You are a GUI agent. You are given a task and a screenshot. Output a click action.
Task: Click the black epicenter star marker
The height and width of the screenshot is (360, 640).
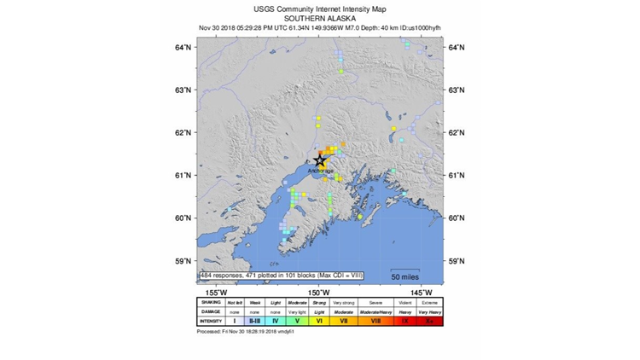pos(320,160)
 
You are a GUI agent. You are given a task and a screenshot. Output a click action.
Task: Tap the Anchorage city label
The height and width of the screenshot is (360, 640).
pos(321,171)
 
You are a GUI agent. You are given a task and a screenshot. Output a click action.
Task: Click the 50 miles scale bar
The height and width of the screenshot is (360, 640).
pos(405,276)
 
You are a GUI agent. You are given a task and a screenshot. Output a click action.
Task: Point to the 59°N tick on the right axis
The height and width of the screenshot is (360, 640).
pos(457,261)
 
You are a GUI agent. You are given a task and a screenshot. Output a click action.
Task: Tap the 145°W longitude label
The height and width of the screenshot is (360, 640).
pos(411,292)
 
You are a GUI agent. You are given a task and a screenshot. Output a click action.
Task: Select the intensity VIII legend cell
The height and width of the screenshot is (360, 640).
pos(375,321)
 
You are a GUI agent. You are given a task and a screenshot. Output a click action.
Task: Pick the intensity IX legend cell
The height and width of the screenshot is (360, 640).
pos(404,321)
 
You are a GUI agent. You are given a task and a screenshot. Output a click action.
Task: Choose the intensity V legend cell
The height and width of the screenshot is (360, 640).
pos(297,321)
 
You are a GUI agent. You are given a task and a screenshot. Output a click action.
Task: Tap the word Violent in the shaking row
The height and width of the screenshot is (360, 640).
pos(404,301)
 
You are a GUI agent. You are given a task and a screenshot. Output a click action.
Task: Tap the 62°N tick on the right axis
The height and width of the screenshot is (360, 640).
pos(457,133)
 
